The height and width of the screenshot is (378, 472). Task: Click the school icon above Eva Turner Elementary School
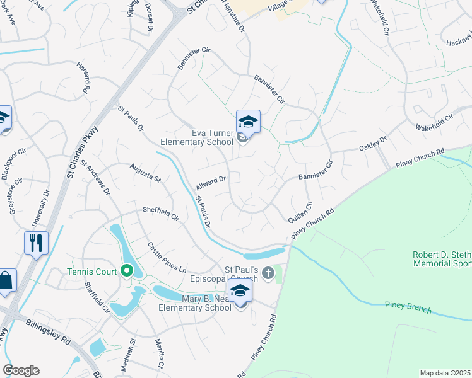click(248, 122)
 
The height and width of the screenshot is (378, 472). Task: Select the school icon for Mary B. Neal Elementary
click(240, 292)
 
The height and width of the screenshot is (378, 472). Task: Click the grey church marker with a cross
click(269, 273)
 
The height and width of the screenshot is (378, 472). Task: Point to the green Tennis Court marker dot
click(126, 272)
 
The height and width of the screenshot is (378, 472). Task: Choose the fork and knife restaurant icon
click(35, 242)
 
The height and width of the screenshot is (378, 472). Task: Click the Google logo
click(21, 370)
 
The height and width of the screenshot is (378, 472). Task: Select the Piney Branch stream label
click(408, 306)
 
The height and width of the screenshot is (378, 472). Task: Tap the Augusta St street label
click(145, 171)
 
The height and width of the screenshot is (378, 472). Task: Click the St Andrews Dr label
click(95, 176)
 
